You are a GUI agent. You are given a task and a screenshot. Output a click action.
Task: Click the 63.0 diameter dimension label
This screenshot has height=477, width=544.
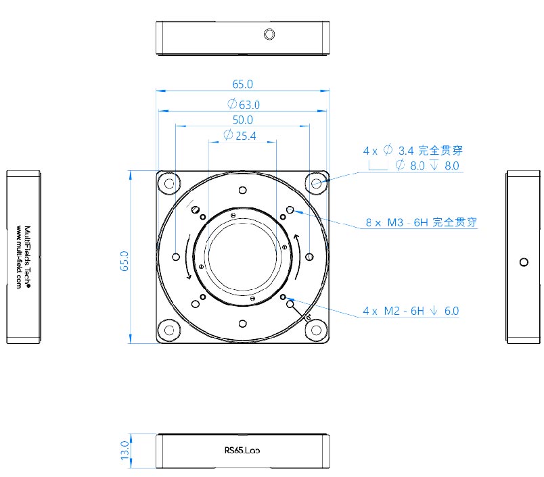(x=244, y=104)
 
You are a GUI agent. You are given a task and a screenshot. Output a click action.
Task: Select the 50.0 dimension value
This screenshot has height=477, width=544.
(x=243, y=120)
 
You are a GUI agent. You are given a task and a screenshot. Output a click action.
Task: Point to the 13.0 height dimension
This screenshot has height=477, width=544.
(x=125, y=451)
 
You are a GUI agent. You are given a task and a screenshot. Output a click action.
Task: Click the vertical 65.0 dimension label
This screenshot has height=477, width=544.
(x=124, y=261)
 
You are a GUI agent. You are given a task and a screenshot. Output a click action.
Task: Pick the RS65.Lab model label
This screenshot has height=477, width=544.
(x=242, y=451)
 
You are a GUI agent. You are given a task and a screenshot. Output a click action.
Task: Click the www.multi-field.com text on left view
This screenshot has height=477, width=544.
(x=19, y=257)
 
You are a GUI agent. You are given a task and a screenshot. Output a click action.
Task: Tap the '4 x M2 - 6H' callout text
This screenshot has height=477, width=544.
(x=393, y=311)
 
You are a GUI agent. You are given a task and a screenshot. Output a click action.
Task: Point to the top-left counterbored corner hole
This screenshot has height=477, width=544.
(x=169, y=183)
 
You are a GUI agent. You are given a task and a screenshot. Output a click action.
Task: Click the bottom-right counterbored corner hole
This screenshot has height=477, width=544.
(x=317, y=330)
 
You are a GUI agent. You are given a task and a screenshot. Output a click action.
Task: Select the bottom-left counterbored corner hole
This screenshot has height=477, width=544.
(x=169, y=330)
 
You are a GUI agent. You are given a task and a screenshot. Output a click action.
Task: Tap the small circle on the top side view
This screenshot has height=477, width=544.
(x=269, y=34)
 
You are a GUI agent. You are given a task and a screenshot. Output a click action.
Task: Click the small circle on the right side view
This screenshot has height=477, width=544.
(x=524, y=262)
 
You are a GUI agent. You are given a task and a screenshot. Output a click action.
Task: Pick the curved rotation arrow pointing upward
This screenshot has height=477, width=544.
(x=297, y=257)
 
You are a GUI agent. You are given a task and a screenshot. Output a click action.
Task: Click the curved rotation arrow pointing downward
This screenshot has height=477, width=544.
(x=188, y=257)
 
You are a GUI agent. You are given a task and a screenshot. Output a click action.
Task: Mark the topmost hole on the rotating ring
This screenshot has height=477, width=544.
(x=243, y=190)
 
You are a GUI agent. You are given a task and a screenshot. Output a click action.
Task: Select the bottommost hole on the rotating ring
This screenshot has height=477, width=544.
(x=243, y=324)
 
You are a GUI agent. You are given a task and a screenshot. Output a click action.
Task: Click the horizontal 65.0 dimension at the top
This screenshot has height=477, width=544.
(x=242, y=84)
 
